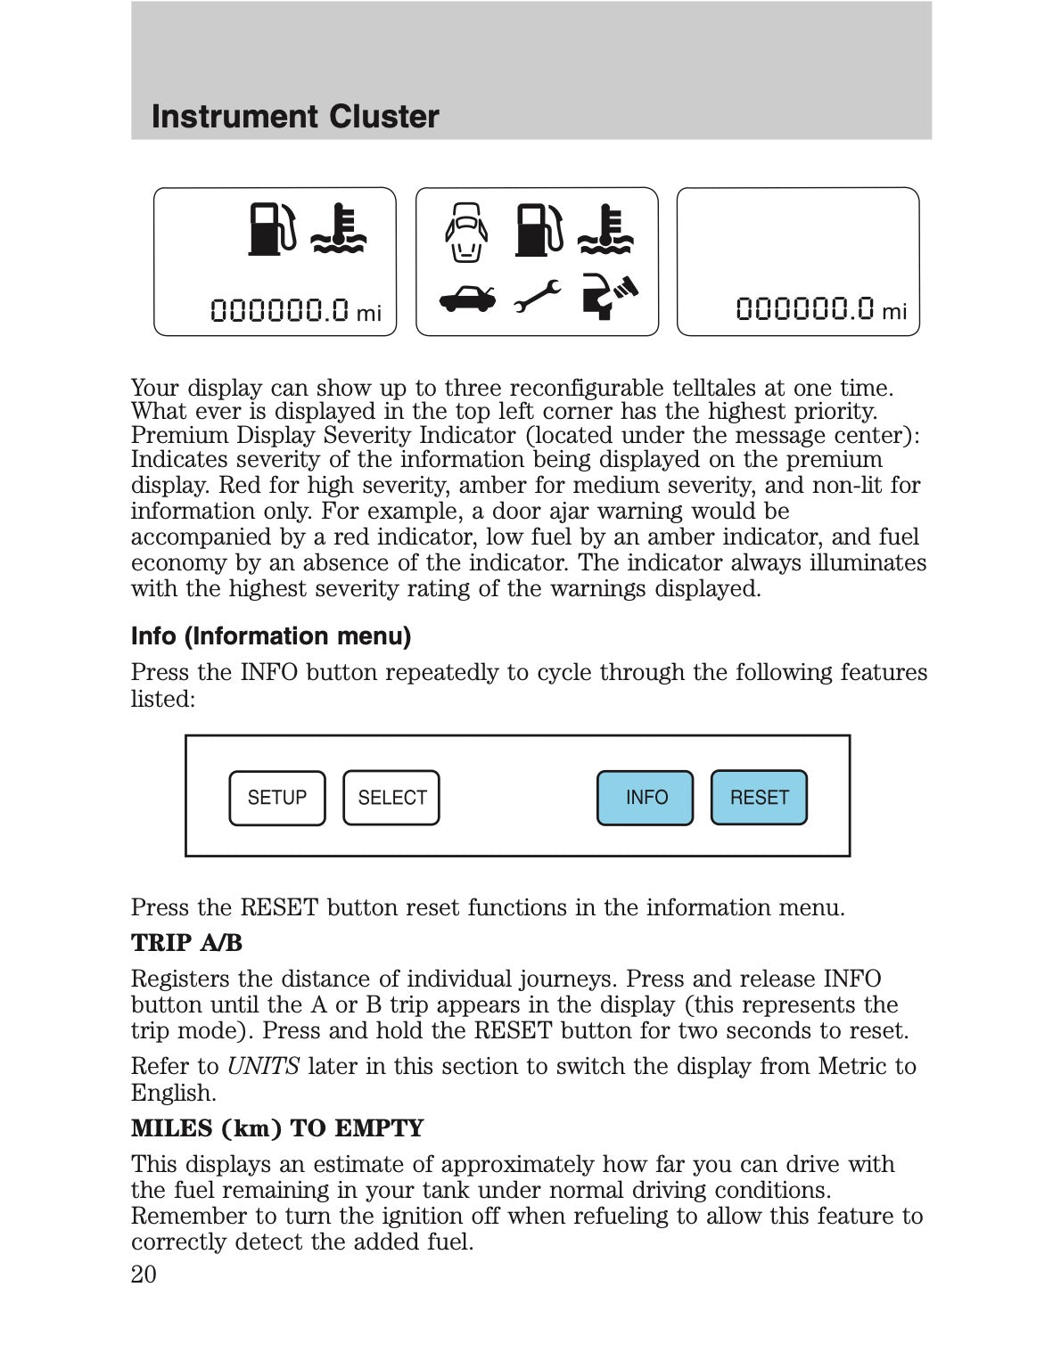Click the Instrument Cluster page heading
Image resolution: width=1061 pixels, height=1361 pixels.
(x=295, y=117)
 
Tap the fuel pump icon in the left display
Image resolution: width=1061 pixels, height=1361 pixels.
(x=270, y=230)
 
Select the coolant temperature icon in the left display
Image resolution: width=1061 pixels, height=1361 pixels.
(x=338, y=230)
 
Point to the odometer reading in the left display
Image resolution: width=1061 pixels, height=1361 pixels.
(x=295, y=310)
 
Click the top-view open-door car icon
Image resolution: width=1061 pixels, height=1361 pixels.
(x=466, y=234)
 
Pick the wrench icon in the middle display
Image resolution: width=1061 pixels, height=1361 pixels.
(x=537, y=296)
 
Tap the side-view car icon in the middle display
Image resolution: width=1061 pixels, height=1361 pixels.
(x=467, y=298)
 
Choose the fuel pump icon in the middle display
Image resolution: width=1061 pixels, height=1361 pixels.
(x=539, y=230)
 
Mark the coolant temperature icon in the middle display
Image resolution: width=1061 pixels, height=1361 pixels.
(x=605, y=230)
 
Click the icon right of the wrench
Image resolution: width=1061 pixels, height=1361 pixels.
(x=609, y=296)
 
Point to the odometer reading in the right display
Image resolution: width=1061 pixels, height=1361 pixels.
(x=820, y=309)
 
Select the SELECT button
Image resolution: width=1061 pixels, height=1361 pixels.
(x=391, y=798)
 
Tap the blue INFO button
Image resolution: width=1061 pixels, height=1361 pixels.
(x=645, y=798)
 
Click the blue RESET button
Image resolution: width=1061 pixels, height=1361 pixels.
(x=759, y=798)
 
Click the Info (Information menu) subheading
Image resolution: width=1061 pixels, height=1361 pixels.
(x=271, y=636)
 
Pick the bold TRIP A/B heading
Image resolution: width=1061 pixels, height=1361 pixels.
(x=186, y=943)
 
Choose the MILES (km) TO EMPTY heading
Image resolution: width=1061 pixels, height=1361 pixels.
(x=277, y=1128)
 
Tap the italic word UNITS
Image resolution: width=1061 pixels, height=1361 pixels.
(x=263, y=1067)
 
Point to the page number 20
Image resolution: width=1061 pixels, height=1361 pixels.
(x=144, y=1275)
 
